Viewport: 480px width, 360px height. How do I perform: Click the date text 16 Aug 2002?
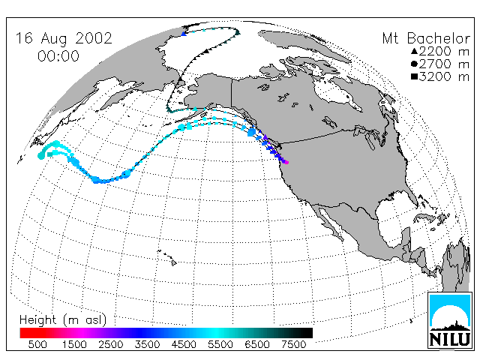(64, 38)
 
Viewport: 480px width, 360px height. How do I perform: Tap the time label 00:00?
(58, 56)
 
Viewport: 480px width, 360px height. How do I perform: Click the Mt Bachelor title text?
(426, 39)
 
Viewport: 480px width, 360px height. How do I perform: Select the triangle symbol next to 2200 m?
(415, 51)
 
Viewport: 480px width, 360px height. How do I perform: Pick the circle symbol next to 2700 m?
(415, 64)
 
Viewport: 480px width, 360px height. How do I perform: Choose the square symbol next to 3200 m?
(415, 76)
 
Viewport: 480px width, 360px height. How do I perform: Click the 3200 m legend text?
(444, 76)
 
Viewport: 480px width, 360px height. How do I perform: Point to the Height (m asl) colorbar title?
(63, 320)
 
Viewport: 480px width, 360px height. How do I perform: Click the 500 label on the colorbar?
(37, 345)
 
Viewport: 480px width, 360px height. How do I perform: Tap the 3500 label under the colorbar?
(147, 345)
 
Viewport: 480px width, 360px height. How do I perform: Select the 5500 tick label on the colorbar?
(220, 345)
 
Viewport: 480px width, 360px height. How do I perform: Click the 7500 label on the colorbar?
(293, 345)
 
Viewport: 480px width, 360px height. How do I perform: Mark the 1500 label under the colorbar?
(74, 345)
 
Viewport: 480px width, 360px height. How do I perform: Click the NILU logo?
(449, 320)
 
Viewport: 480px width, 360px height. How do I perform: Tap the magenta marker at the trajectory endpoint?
(286, 162)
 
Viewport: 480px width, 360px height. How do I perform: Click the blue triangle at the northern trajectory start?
(184, 34)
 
